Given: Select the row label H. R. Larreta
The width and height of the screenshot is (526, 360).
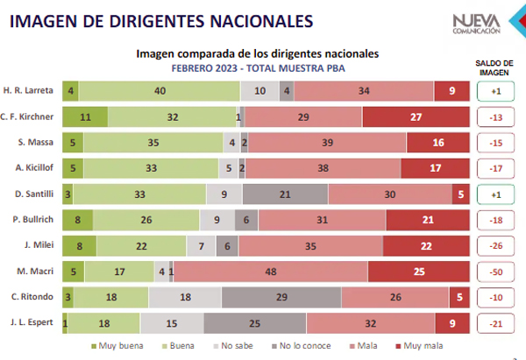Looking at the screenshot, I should tap(31, 91).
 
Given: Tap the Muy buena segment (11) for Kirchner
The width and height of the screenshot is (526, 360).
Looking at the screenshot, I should tap(85, 116).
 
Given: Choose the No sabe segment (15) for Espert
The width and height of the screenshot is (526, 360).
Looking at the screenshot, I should tap(170, 324).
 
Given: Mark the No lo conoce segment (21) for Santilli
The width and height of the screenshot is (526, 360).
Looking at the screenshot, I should tap(285, 194).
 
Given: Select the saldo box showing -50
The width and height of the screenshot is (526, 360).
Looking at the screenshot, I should tap(494, 272).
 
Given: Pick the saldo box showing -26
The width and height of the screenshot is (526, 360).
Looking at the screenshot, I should tap(494, 246).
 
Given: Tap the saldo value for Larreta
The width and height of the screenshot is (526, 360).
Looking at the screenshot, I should tap(494, 91).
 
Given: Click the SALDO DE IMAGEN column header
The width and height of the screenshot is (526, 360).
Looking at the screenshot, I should tap(494, 68).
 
